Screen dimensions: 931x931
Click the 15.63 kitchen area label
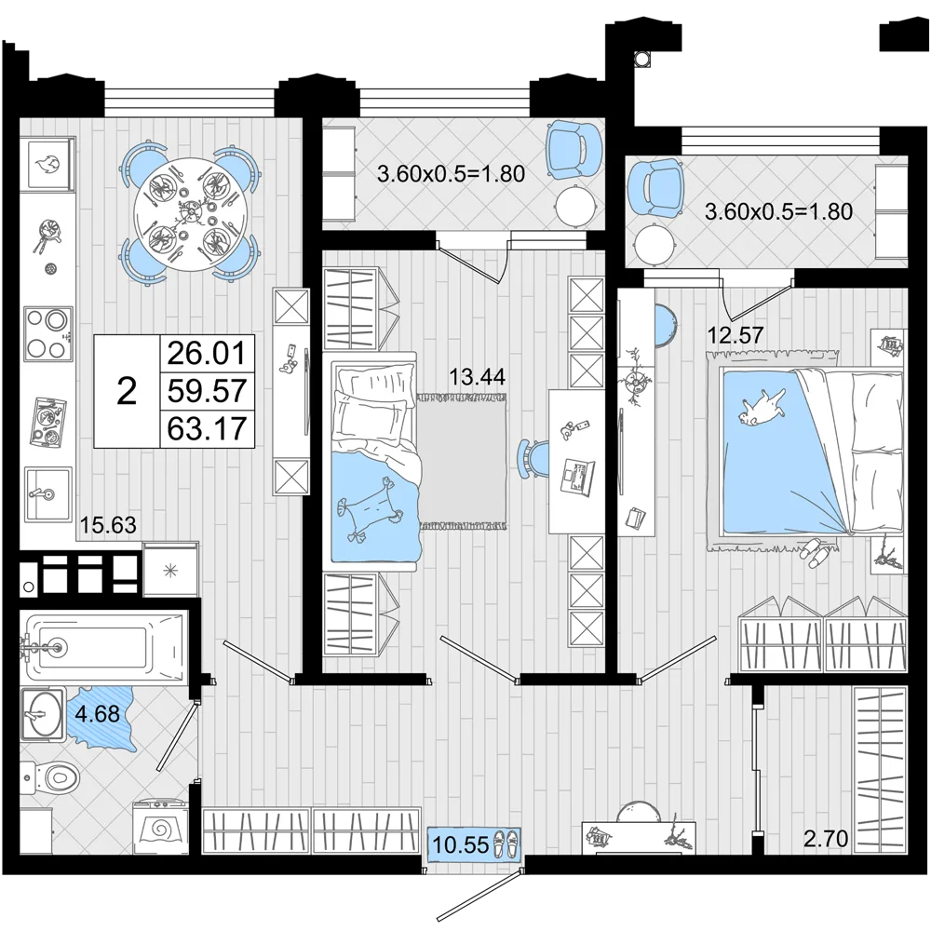(x=108, y=525)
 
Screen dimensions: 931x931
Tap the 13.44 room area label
(x=477, y=376)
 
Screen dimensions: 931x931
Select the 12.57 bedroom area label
(x=735, y=335)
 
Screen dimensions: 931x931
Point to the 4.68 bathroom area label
(x=98, y=713)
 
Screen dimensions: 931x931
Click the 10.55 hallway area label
(x=461, y=844)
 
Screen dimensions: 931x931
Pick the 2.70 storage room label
(x=826, y=839)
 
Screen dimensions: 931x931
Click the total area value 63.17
(x=207, y=428)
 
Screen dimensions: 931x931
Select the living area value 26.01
(x=207, y=353)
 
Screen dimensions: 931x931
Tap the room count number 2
(x=127, y=391)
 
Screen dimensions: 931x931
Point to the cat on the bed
(x=762, y=408)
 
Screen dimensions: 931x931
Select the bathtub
(x=103, y=647)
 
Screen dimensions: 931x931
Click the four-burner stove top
(x=48, y=333)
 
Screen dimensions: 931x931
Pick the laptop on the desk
(x=578, y=477)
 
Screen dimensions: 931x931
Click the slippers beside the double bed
(x=811, y=548)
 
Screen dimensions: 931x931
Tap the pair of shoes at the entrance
(x=505, y=843)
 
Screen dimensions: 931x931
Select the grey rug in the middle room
(x=463, y=462)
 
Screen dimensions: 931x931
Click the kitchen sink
(x=48, y=492)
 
